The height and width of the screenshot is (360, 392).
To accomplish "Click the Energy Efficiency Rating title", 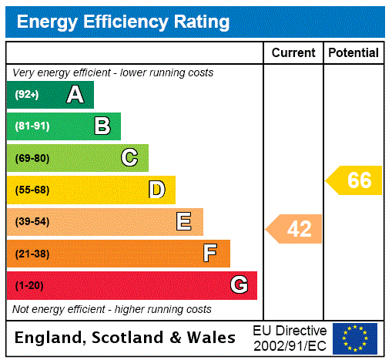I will click(123, 22).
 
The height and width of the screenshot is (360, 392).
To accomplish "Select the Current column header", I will click(293, 53).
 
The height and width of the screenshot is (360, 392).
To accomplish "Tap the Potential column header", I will click(353, 53).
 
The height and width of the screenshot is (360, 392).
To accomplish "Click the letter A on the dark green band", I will click(75, 95).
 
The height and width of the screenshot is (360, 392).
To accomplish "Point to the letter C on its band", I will click(129, 158).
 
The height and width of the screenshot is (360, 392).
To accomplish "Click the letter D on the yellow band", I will click(156, 190).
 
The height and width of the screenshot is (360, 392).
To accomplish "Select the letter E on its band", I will click(183, 222).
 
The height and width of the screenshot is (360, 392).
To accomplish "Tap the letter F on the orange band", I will click(209, 253).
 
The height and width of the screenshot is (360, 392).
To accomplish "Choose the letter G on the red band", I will click(239, 285).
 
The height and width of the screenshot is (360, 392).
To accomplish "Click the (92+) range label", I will click(27, 95).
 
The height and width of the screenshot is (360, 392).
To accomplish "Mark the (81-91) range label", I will click(32, 126).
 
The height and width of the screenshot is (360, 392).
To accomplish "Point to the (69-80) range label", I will click(32, 158).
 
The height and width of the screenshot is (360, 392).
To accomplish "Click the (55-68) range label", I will click(32, 190).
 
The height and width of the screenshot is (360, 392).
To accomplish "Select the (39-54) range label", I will click(32, 222).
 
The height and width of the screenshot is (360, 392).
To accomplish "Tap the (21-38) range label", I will click(32, 254).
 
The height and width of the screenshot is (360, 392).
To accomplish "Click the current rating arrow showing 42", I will click(295, 229).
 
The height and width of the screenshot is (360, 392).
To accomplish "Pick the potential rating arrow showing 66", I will click(355, 180).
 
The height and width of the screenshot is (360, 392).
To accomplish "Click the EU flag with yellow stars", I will click(355, 338).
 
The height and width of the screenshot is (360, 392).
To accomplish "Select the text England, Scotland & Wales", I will click(126, 338).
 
